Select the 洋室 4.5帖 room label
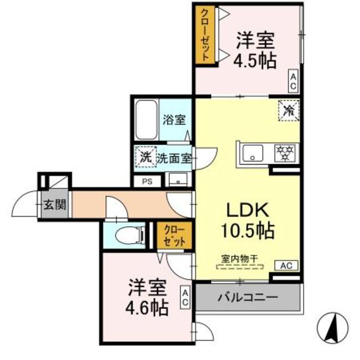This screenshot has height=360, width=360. point(256,50)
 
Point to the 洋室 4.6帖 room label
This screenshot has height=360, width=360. point(146,298)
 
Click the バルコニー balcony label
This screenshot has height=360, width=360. point(247,296)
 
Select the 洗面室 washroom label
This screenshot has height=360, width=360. point(172,158)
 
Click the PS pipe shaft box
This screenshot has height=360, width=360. point(147,181)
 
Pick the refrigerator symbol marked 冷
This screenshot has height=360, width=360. point(288,109)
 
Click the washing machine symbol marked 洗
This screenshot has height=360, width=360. point(145,157)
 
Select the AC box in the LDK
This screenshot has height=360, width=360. point(286,264)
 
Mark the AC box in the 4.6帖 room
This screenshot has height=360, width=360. point(184,298)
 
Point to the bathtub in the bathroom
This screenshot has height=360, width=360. point(147,120)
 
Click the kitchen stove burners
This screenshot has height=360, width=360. point(286,153)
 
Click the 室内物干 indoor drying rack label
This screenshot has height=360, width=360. point(239,259)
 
